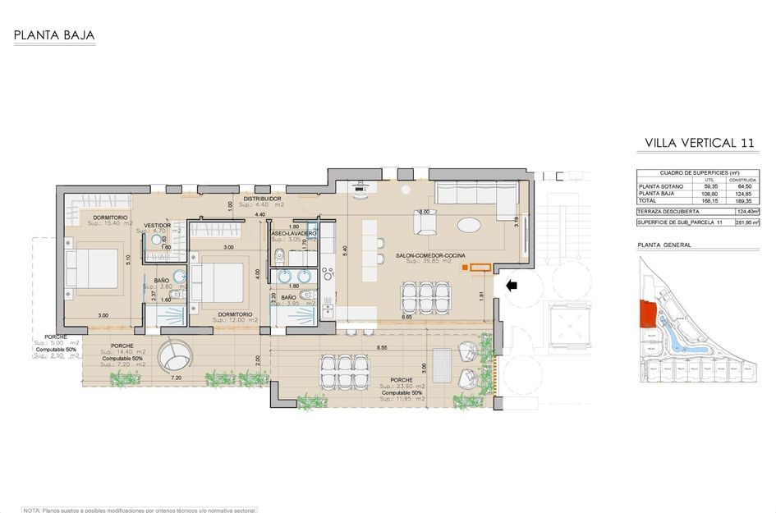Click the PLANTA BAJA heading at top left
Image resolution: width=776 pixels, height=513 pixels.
(54, 35)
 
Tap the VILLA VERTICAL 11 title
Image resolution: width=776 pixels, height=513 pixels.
(700, 143)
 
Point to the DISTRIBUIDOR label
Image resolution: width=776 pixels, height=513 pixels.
(263, 199)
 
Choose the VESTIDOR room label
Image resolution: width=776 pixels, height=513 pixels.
(158, 225)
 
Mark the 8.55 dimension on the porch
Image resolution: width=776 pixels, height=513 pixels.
(381, 347)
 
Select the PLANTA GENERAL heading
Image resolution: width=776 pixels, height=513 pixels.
(664, 245)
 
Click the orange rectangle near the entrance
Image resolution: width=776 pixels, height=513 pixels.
(479, 267)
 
